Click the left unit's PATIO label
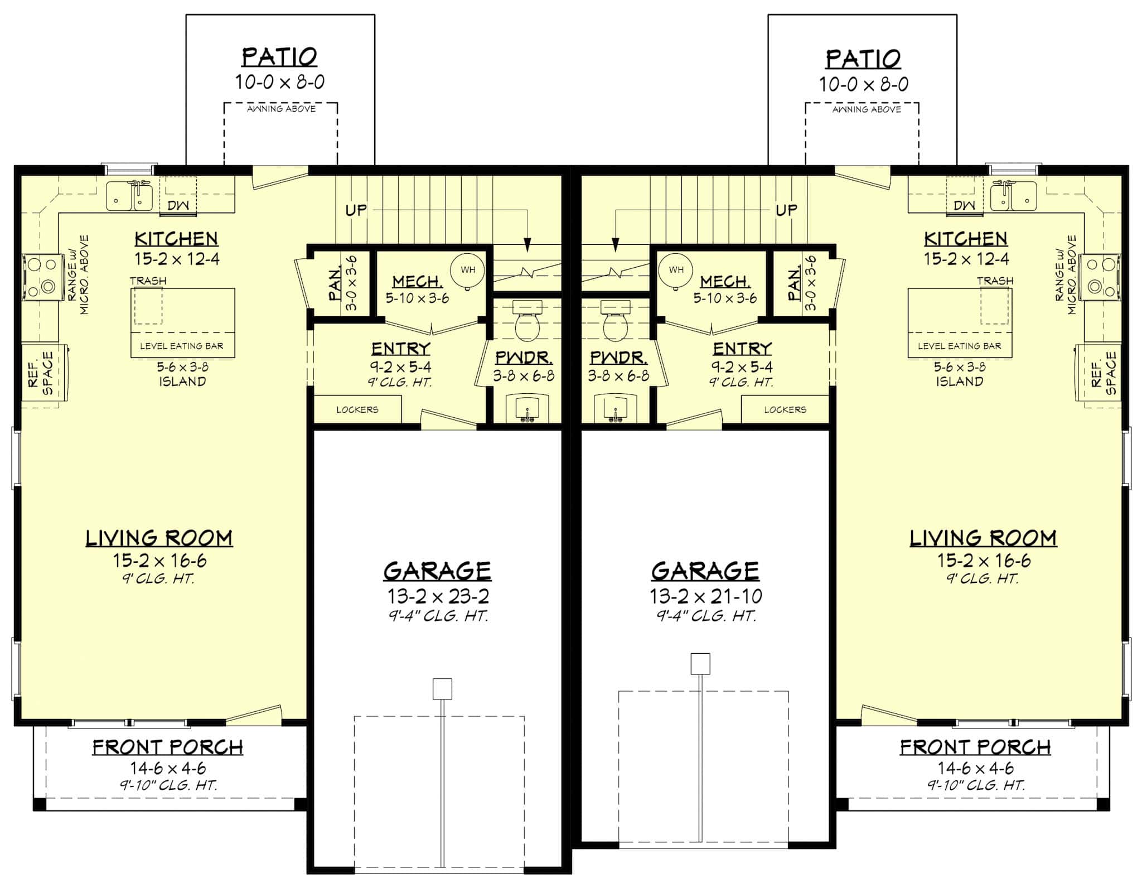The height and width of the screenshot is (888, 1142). pos(279,57)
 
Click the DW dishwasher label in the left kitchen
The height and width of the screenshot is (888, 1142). pos(178,205)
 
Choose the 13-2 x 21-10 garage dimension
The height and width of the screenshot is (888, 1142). pos(705,596)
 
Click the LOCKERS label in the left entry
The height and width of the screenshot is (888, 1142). pos(357,409)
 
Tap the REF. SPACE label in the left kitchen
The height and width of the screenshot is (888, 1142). pos(41,372)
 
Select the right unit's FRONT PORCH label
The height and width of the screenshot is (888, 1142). pos(975,747)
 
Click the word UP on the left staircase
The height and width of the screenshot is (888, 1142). pos(356,210)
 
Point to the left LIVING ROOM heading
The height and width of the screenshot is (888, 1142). pos(159,538)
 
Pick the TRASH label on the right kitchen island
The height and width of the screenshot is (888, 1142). pos(995,281)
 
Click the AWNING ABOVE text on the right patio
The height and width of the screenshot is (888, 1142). pos(867,110)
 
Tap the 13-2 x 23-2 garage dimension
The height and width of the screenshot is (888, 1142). pos(438,596)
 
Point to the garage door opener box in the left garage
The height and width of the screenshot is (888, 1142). pos(442,689)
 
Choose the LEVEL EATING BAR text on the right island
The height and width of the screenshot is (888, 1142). pos(960,346)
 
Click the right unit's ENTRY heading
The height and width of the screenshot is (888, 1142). pos(742,349)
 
